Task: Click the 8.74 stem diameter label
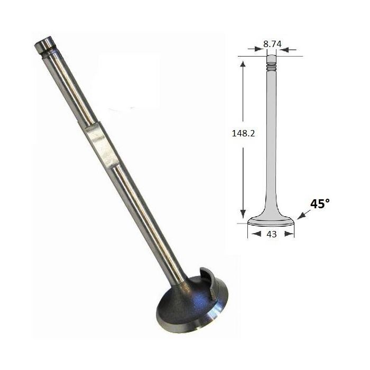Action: [x=272, y=44]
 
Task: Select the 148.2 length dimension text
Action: [x=243, y=134]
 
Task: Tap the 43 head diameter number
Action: [x=271, y=234]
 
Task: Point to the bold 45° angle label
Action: [x=320, y=203]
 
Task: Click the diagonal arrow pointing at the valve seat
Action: [x=304, y=215]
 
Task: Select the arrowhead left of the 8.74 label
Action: [x=258, y=49]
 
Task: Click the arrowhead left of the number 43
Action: [x=256, y=234]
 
